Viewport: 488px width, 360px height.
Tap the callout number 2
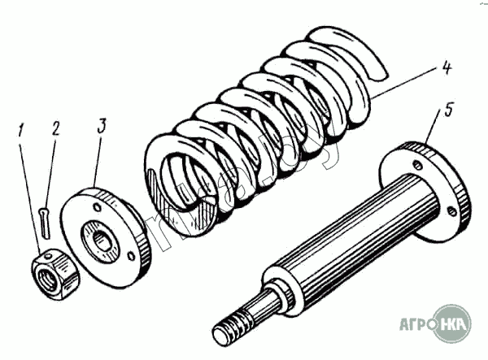(x=54, y=128)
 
